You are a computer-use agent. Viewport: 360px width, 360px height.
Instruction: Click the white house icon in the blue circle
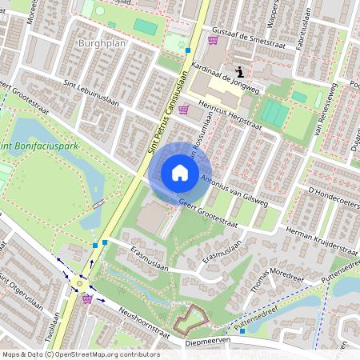pyautogui.click(x=180, y=173)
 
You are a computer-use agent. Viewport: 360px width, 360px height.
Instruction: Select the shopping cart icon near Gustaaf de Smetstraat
pyautogui.click(x=213, y=39)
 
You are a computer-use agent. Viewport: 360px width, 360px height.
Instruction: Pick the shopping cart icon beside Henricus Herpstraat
pyautogui.click(x=184, y=110)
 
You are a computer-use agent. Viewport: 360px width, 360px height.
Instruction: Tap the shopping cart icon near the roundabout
pyautogui.click(x=87, y=298)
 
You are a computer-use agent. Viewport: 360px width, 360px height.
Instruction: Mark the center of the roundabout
pyautogui.click(x=81, y=282)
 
